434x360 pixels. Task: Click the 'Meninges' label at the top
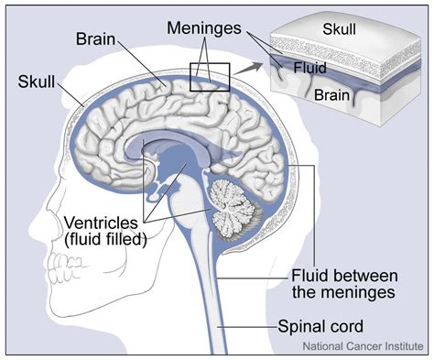pyautogui.click(x=207, y=27)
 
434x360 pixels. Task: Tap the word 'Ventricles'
pyautogui.click(x=100, y=222)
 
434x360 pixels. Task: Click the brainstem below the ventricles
pyautogui.click(x=193, y=215)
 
